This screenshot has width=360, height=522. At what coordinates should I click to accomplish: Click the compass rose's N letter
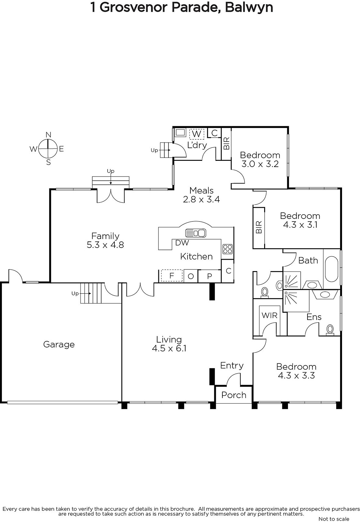(48, 135)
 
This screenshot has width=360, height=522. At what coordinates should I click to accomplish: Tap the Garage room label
(59, 345)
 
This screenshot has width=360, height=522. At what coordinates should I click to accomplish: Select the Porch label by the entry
(234, 395)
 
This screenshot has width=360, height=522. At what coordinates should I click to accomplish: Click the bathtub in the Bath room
(331, 269)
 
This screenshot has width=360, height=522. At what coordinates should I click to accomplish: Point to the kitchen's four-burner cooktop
(227, 249)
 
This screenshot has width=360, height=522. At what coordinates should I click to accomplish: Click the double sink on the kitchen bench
(196, 233)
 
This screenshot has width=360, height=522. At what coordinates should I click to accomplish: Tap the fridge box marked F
(172, 276)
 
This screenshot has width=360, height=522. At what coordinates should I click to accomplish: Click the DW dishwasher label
(182, 243)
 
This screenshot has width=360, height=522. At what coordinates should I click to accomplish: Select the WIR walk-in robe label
(269, 315)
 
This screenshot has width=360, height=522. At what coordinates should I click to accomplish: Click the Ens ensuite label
(314, 317)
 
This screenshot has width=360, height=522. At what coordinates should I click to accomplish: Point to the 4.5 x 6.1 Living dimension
(169, 348)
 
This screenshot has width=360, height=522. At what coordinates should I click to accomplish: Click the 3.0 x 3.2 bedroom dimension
(260, 164)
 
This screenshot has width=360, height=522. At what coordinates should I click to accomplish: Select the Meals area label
(202, 191)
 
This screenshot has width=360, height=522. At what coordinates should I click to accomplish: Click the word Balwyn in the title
(249, 7)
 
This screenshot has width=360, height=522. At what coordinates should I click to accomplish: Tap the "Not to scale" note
(334, 519)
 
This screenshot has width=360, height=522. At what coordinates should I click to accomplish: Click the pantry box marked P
(209, 276)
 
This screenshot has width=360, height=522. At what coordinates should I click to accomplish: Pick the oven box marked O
(191, 276)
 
